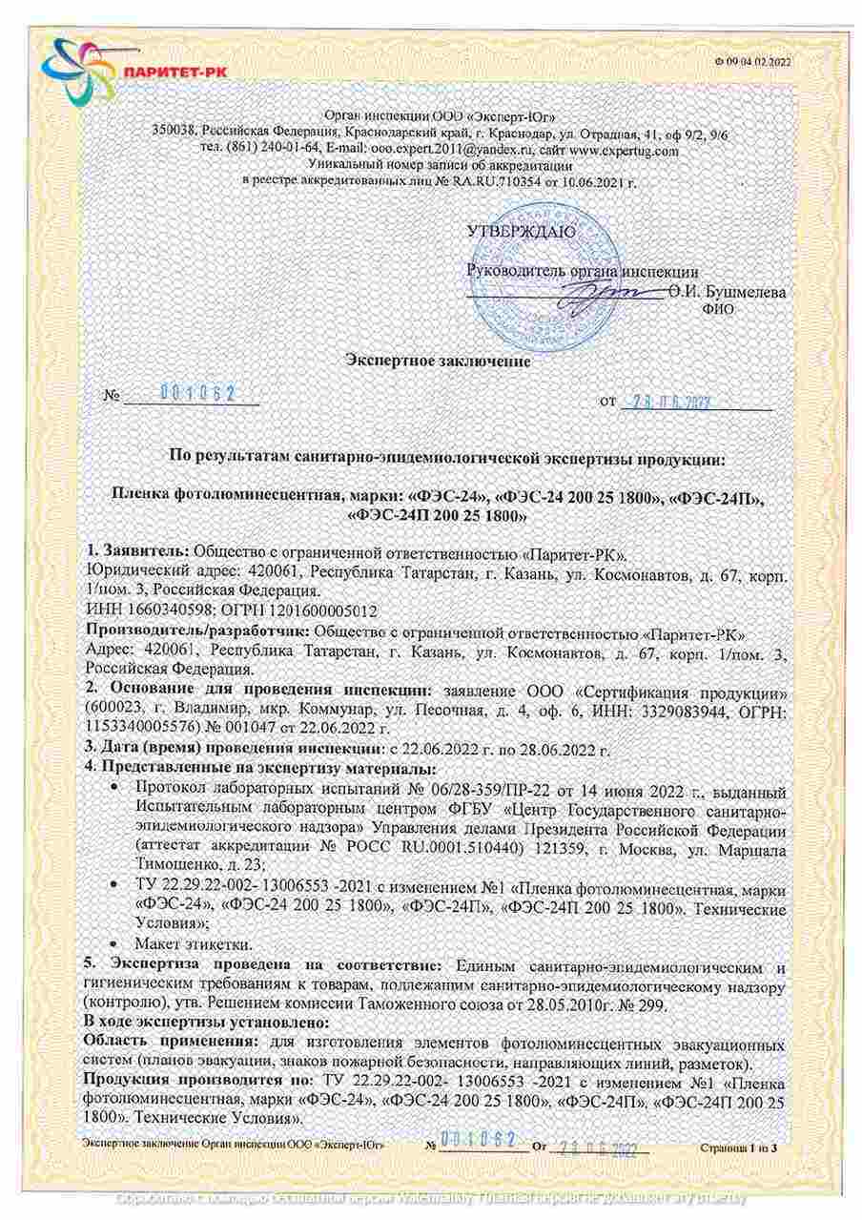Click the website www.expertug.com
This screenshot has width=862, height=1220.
pos(624,150)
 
